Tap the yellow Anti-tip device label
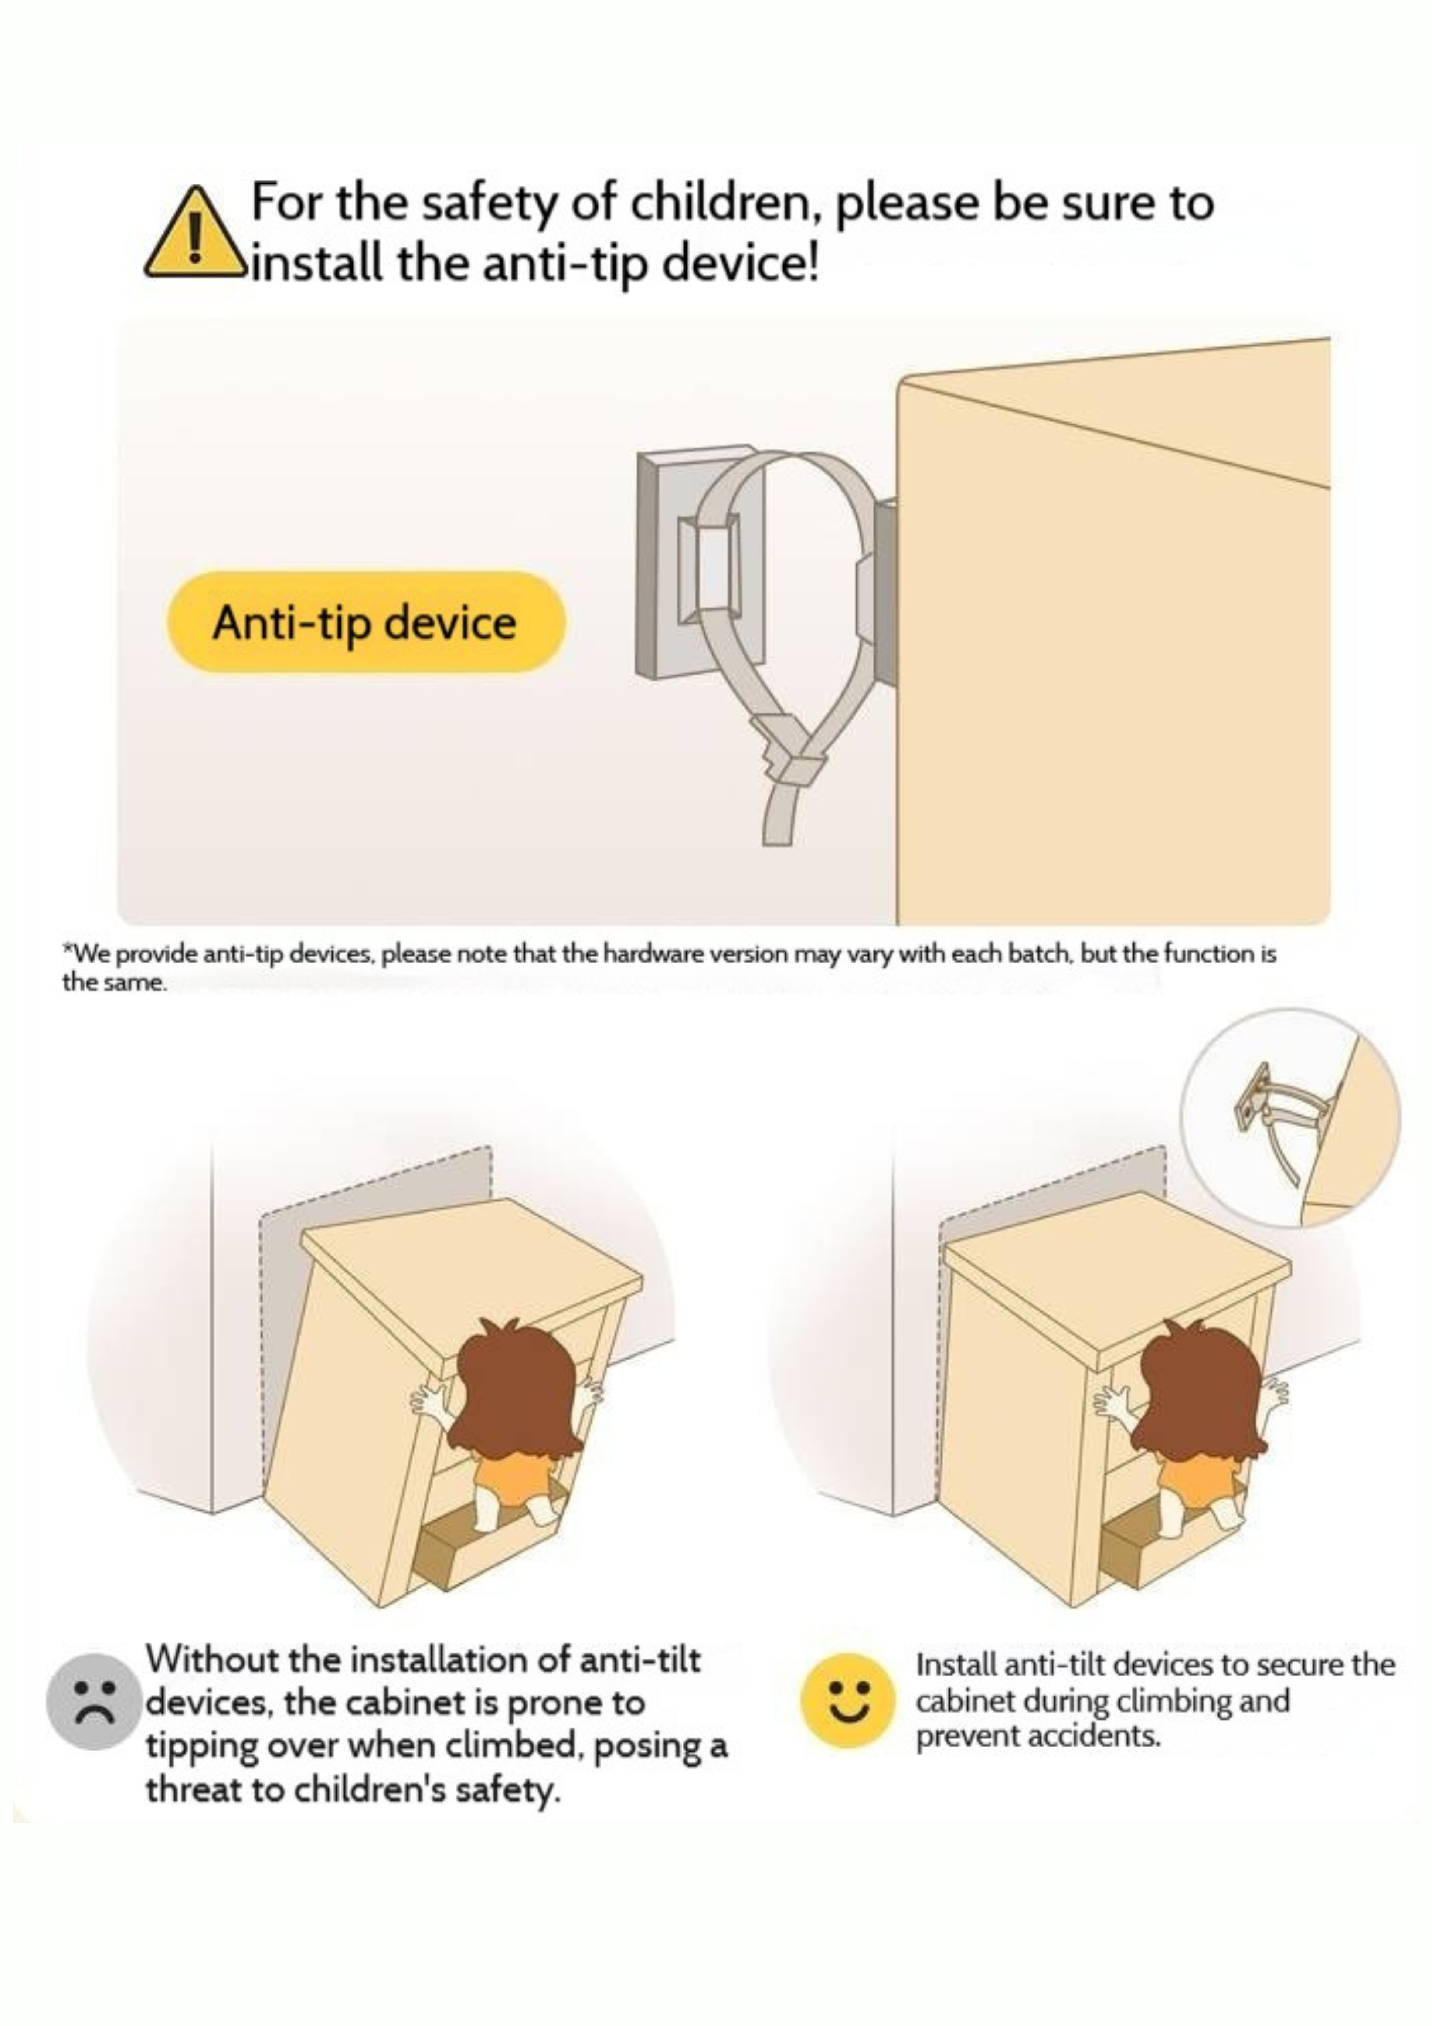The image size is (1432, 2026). pyautogui.click(x=364, y=622)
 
